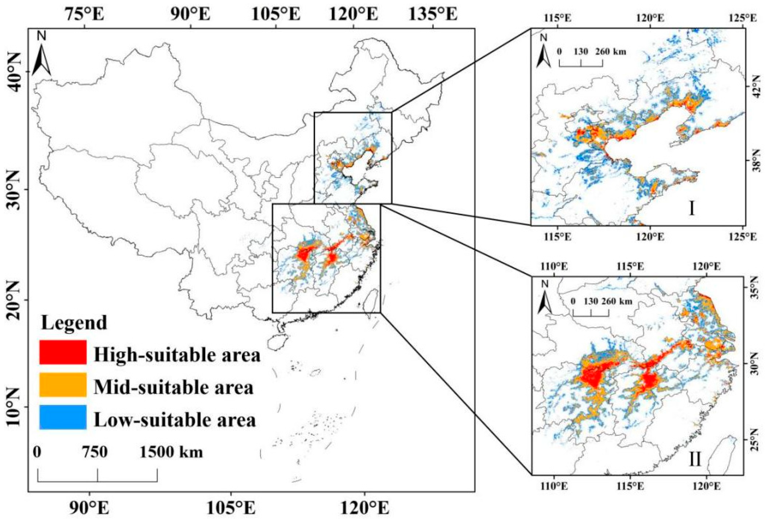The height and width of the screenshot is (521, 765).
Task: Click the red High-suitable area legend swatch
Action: click(x=63, y=352)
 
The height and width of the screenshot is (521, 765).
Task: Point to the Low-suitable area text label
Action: click(x=175, y=420)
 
